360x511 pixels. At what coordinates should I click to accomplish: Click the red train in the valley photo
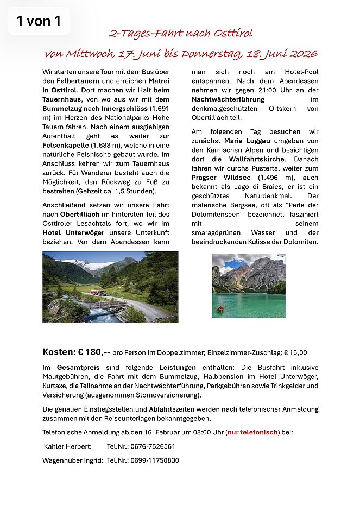click(98, 293)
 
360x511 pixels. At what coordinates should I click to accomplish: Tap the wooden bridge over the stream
click(103, 306)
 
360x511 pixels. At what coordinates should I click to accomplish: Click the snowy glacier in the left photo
click(92, 266)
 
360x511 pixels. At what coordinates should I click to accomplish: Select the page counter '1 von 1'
click(38, 21)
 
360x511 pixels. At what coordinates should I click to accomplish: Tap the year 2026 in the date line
click(297, 54)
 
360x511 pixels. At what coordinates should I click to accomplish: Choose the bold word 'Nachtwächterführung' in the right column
click(228, 99)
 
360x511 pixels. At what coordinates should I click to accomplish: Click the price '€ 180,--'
click(96, 351)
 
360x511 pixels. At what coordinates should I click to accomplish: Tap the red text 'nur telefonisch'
click(254, 432)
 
